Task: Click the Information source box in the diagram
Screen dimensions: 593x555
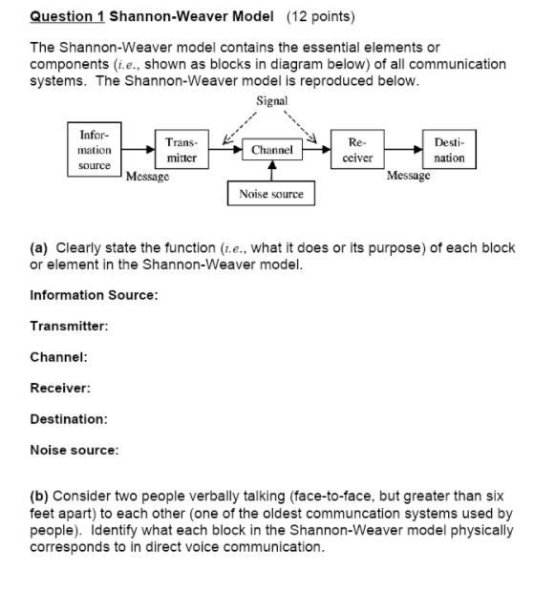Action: (94, 150)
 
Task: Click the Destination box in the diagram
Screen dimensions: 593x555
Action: (449, 150)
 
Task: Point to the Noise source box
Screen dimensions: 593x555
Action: (271, 194)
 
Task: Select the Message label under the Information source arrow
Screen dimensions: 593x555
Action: (148, 177)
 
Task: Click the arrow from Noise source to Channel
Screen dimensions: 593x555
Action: (272, 171)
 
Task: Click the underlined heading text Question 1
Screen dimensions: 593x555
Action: (68, 17)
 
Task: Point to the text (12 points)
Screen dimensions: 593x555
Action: (315, 17)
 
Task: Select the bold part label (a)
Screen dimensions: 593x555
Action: (40, 247)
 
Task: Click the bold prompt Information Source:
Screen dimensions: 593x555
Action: (94, 295)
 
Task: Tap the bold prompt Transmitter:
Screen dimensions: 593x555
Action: (69, 326)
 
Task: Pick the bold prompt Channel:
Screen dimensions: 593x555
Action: (59, 357)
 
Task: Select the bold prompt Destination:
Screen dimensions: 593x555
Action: (69, 418)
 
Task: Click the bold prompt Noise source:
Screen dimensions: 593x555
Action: (75, 449)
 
